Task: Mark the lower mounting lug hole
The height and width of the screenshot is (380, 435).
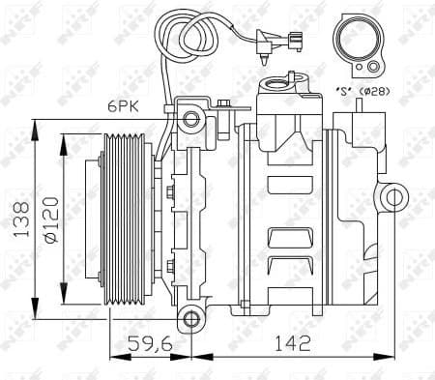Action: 191,318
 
